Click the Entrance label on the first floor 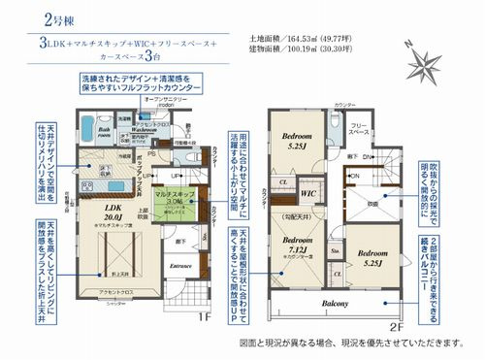click(180, 264)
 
